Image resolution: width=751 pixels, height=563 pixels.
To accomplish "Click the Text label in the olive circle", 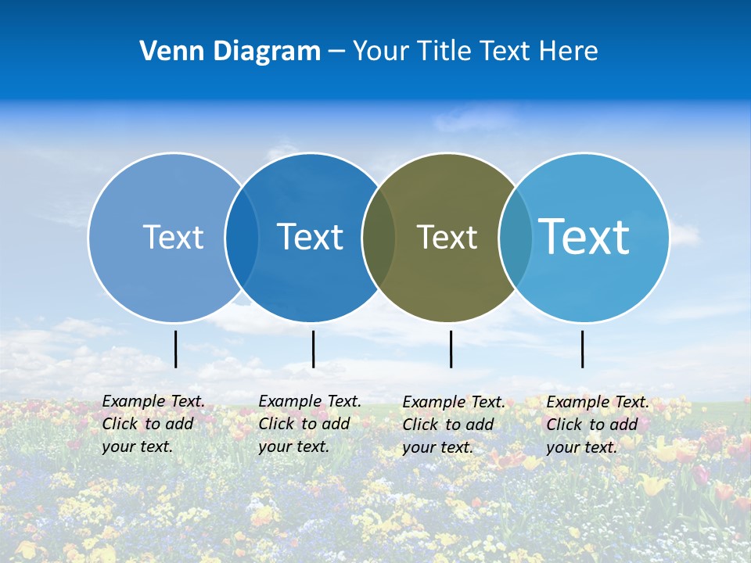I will point(447,237).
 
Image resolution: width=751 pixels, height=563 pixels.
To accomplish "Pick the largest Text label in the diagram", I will point(584,236).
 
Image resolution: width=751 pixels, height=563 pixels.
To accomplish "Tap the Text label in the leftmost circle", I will point(173,237).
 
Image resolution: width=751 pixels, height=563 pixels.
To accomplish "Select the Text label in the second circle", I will point(311,237).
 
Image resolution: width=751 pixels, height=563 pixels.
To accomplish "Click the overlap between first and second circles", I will point(242,237).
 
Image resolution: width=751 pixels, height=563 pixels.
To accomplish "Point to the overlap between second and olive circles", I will point(379,237).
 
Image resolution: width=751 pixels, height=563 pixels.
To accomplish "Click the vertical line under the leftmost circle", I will point(175,349).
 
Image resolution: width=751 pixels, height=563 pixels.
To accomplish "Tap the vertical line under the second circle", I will point(313,349).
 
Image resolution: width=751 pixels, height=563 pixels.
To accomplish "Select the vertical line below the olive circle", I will point(451,349).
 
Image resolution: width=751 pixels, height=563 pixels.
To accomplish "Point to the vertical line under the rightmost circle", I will point(582,349).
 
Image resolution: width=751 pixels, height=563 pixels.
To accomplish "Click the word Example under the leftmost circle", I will point(134,401).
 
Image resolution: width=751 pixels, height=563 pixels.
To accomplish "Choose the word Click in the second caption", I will point(276,424).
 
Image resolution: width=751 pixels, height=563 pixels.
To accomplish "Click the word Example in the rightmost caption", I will point(578,402).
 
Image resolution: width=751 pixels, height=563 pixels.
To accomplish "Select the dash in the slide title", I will point(336,51).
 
